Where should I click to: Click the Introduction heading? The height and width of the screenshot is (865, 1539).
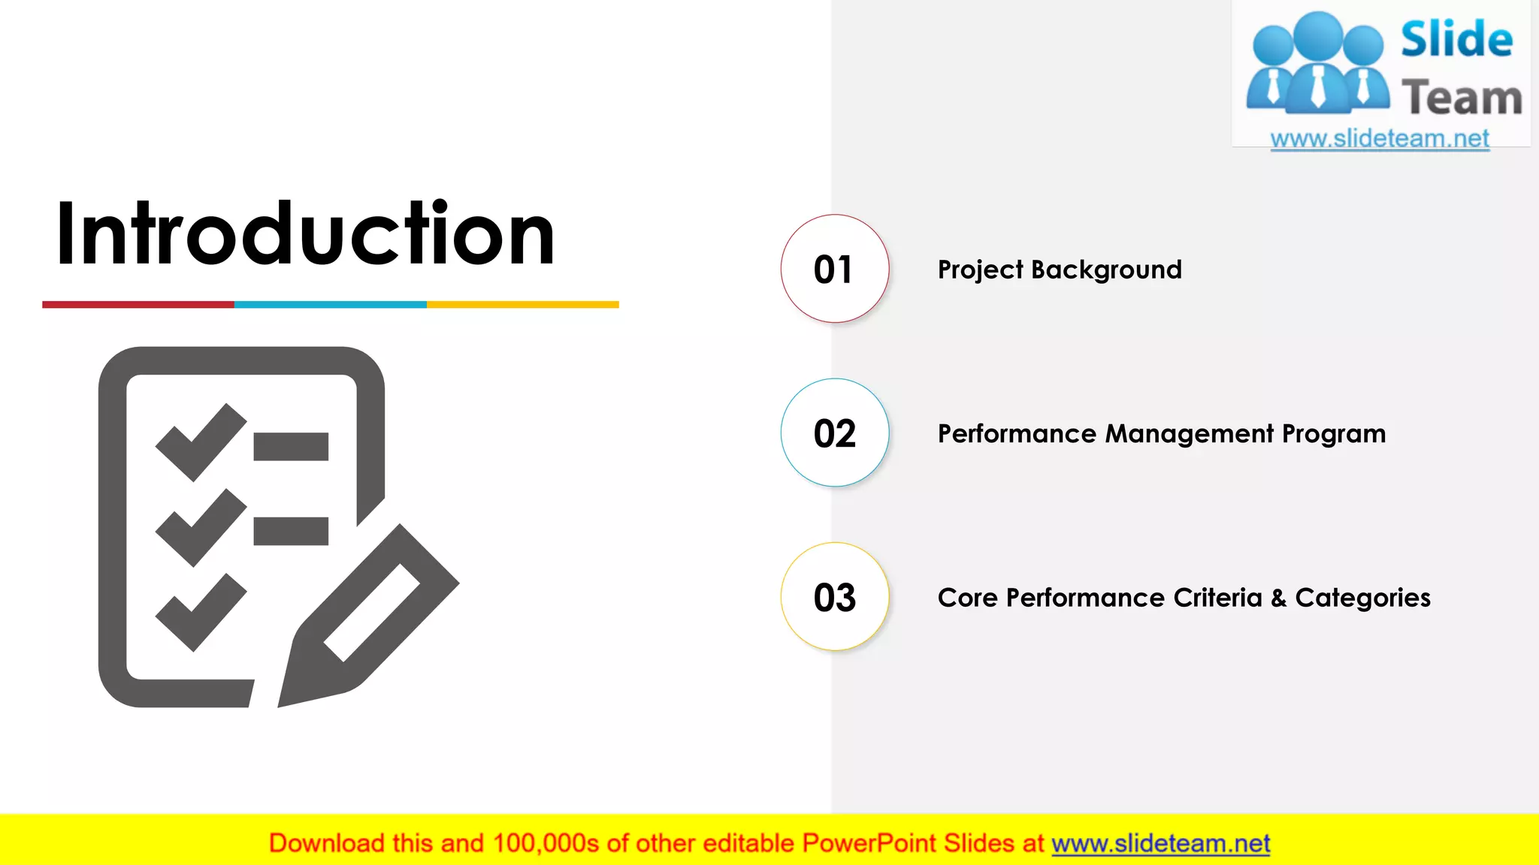point(305,234)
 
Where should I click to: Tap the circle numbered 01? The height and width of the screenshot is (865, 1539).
point(834,269)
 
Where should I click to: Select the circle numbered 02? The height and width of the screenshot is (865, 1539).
point(834,433)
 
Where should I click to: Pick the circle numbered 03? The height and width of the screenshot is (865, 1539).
point(834,597)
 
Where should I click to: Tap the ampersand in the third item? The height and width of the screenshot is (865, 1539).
point(1278,598)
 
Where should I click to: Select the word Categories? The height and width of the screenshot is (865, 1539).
point(1362,598)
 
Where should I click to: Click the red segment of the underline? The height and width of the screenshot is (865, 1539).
point(138,305)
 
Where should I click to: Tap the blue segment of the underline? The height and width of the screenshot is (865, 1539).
point(331,305)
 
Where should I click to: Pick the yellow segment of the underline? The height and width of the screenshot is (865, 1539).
point(523,305)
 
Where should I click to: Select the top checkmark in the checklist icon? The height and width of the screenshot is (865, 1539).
point(200,443)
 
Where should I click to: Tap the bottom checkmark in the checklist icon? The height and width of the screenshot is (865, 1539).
point(200,613)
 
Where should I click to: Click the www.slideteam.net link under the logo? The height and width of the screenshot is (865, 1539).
point(1380,139)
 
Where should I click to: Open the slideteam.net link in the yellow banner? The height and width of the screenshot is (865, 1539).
point(1160,844)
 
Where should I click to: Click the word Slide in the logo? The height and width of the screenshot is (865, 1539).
point(1456,40)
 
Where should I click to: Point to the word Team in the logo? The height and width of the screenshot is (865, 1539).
point(1461,98)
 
